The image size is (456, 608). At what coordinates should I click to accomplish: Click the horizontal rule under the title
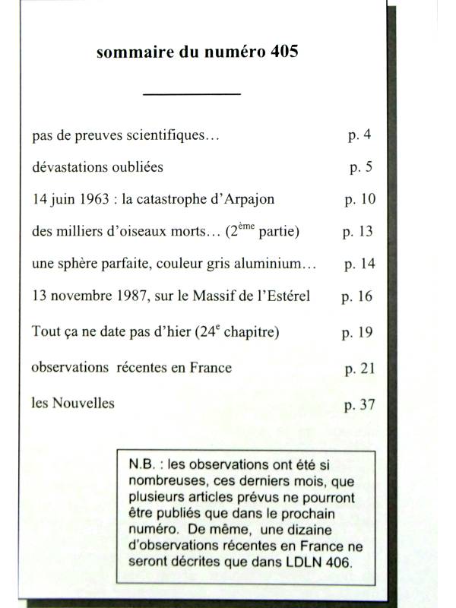tap(192, 93)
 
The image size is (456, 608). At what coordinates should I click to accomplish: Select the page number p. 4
tap(359, 136)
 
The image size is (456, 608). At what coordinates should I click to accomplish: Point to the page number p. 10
tap(359, 199)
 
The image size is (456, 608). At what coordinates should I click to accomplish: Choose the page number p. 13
tap(359, 231)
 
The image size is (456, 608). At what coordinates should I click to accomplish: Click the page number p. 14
tap(359, 264)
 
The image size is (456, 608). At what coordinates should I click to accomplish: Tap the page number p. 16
tap(357, 296)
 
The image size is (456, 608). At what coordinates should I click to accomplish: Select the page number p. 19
tap(357, 332)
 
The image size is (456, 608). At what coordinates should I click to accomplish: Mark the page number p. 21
tap(359, 369)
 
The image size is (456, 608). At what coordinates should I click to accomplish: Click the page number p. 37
tap(359, 404)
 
